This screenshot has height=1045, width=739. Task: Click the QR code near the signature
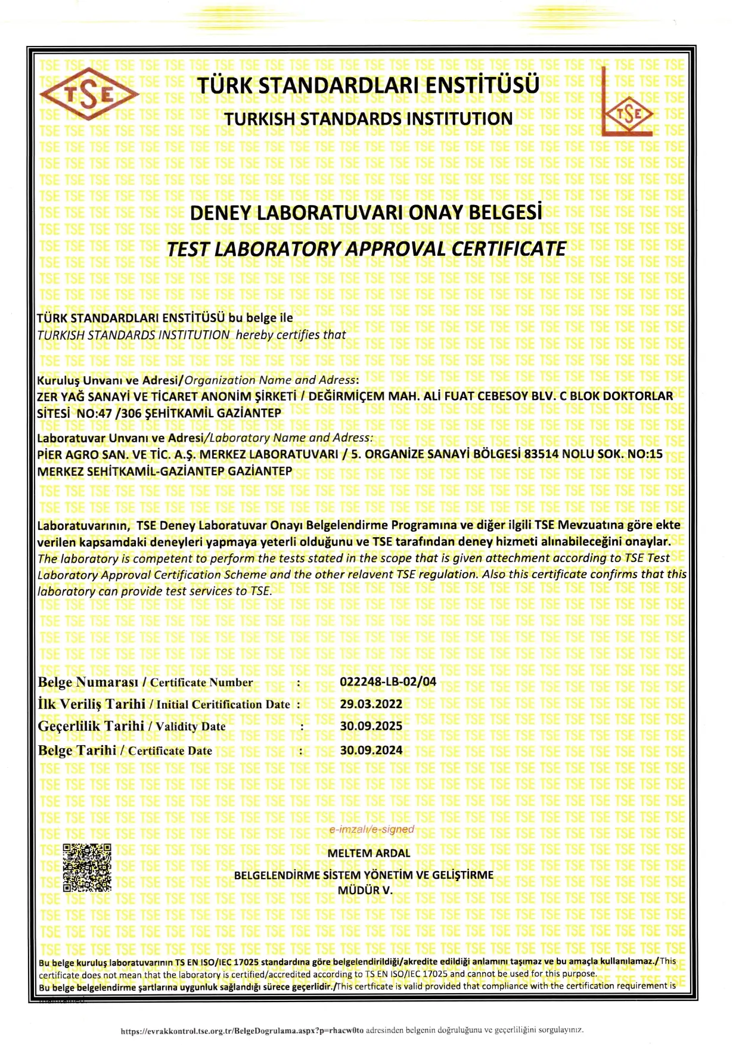[x=87, y=867]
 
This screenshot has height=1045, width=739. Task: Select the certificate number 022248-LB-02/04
[x=388, y=681]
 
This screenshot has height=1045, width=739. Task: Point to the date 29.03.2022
[x=371, y=704]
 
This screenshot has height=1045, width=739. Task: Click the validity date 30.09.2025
[x=371, y=726]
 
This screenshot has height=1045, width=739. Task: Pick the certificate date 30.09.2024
[x=371, y=750]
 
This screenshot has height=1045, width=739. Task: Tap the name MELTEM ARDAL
[x=369, y=853]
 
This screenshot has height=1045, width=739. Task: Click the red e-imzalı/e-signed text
[x=371, y=829]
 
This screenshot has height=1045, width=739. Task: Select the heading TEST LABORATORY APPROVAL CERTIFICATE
[x=366, y=249]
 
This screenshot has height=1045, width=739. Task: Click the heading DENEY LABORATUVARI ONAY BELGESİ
[x=366, y=213]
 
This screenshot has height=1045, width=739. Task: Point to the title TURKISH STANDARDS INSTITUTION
[x=368, y=119]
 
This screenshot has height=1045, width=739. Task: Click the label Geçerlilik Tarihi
[x=91, y=726]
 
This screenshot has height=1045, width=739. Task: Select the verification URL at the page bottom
[x=242, y=1031]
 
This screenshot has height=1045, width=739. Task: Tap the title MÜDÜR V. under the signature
[x=365, y=891]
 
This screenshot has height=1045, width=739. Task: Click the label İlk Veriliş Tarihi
[x=91, y=704]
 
